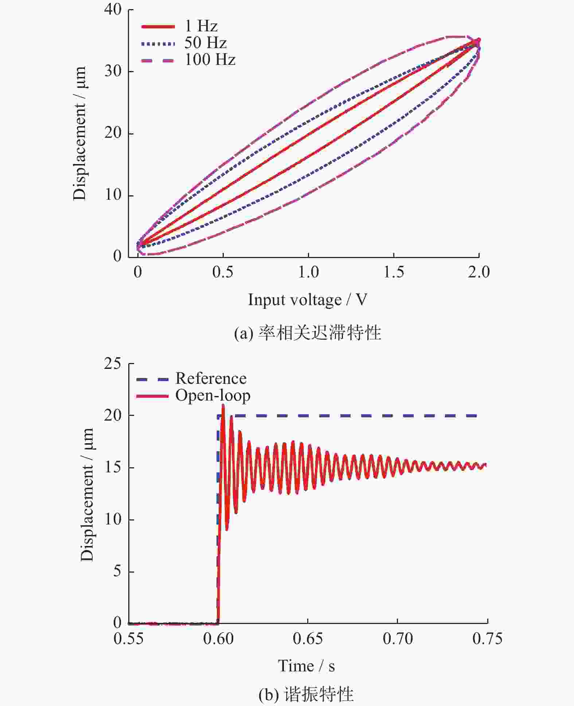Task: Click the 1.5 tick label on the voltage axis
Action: pos(394,272)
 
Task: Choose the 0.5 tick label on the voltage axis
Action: pos(223,272)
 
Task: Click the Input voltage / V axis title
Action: pos(307,300)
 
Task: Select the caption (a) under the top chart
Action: pos(307,333)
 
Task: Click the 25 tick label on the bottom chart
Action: pos(113,363)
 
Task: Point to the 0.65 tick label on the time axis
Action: pos(308,639)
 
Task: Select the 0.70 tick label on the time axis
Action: pos(398,639)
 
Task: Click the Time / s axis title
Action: pos(306,666)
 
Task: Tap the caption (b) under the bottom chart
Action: pos(306,694)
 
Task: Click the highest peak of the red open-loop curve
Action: pos(223,405)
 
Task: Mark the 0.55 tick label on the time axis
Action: pos(128,639)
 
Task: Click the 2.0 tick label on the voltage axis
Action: pos(479,272)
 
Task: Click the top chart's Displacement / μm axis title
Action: pos(79,133)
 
